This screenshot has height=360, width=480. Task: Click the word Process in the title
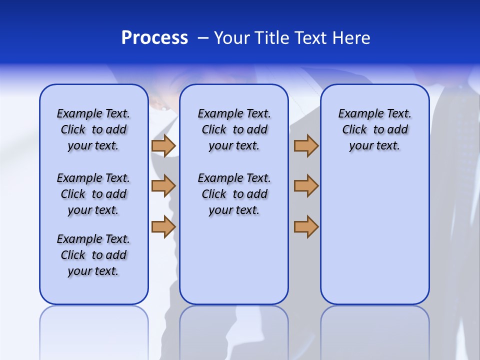tap(154, 38)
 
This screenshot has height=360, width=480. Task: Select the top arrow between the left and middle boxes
tap(163, 145)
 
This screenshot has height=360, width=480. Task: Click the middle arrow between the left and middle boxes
tap(163, 186)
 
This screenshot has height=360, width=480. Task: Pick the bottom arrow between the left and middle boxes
tap(163, 226)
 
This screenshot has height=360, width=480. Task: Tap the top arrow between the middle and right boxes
tap(306, 145)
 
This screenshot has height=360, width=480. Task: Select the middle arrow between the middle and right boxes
tap(306, 186)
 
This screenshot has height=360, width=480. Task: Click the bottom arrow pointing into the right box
tap(306, 226)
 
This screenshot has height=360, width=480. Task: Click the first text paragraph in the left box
tap(93, 129)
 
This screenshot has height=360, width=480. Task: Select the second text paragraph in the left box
tap(93, 194)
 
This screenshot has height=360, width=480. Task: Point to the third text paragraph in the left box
tap(93, 255)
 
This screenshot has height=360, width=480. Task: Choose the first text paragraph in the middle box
tap(234, 129)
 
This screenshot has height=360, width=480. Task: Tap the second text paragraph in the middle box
tap(234, 194)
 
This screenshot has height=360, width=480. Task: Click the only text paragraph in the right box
tap(374, 129)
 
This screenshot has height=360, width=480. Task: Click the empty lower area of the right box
tap(374, 235)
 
